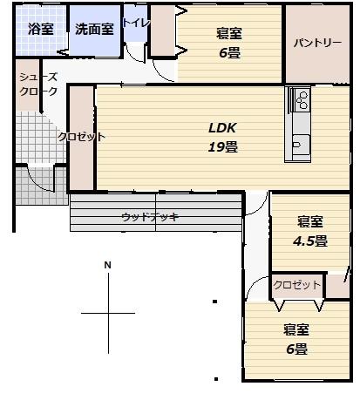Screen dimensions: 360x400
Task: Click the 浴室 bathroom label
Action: click(x=41, y=29)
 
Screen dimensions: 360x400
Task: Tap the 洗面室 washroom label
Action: click(x=94, y=29)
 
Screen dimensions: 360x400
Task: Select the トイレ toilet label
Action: click(x=136, y=23)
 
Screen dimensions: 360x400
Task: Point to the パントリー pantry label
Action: click(x=317, y=43)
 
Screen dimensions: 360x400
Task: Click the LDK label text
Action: click(x=222, y=128)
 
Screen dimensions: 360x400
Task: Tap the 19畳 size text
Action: click(x=223, y=147)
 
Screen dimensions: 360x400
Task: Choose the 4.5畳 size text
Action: click(x=310, y=241)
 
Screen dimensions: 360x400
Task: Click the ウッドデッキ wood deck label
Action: click(x=150, y=217)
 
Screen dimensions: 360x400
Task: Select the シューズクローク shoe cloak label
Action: click(x=38, y=85)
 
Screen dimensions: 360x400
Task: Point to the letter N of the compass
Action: click(x=108, y=265)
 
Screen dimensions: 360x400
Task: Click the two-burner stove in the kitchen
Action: click(x=302, y=100)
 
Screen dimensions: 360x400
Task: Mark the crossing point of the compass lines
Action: click(x=109, y=313)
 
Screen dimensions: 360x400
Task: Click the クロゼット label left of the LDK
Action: click(x=81, y=137)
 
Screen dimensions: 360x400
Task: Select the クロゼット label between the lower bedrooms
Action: click(x=297, y=285)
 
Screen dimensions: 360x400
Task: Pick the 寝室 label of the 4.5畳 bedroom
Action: click(x=310, y=221)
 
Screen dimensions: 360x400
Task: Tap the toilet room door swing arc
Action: click(x=134, y=54)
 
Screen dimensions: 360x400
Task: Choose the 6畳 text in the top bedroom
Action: click(x=229, y=53)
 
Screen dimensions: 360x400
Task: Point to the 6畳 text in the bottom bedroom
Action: click(x=296, y=349)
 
